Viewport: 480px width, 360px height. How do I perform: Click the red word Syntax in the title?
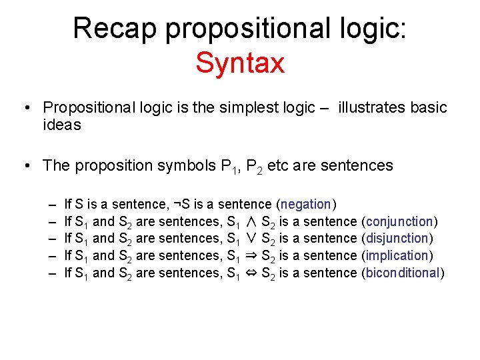pos(240,63)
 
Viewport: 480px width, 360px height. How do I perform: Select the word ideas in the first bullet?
pos(61,125)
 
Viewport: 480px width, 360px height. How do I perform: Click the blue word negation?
pos(306,204)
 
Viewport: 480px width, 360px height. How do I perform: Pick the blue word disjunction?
pos(398,239)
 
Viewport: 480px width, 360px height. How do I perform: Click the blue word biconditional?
pos(402,273)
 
